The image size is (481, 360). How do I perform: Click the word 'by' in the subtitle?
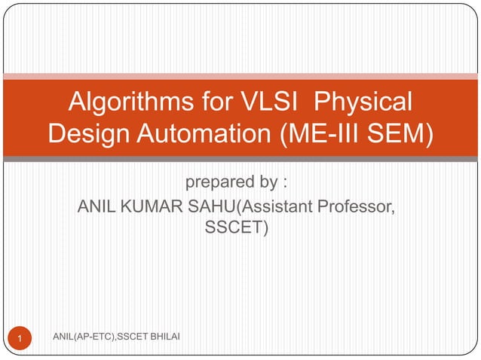[x=265, y=183]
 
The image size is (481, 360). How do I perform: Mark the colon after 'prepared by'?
[x=285, y=185]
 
